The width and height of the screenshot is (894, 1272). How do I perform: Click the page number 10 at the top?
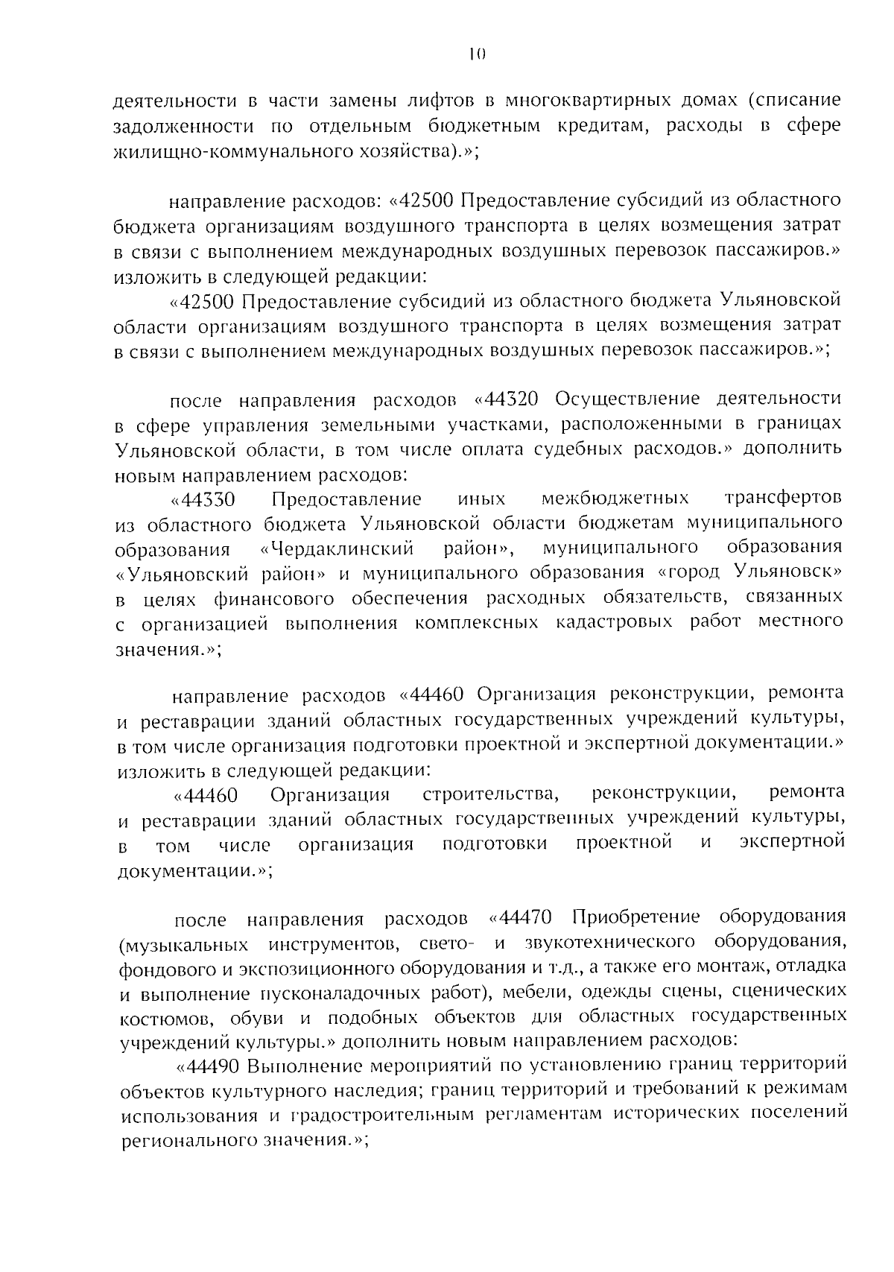click(x=477, y=53)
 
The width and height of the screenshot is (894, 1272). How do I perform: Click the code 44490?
click(x=215, y=1066)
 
